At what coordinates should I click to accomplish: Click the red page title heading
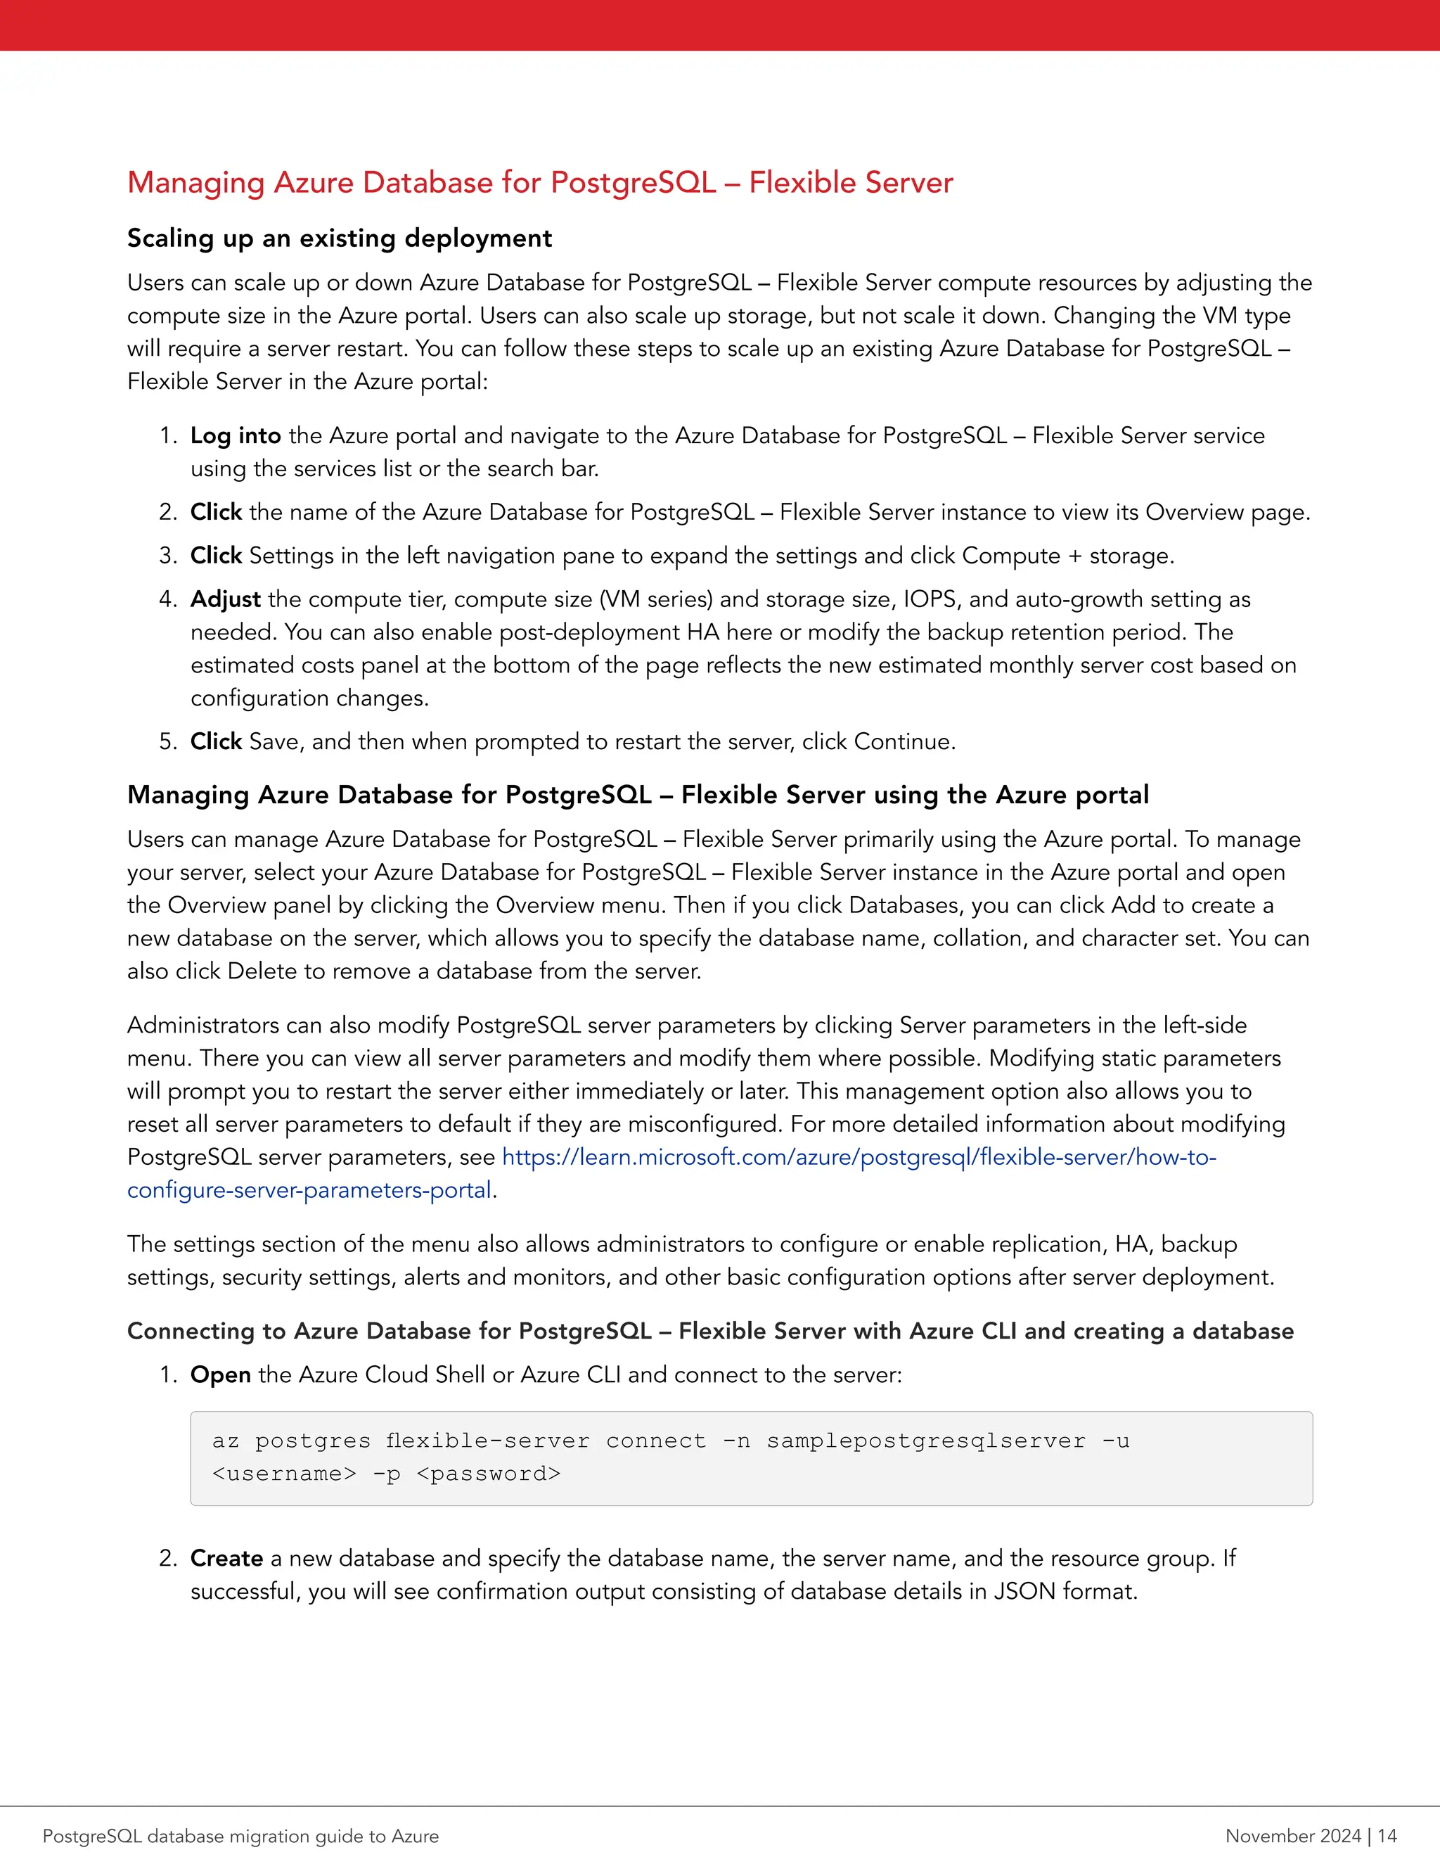coord(539,183)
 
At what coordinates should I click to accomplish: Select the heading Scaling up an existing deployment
coord(340,238)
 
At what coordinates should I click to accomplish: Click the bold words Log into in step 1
coord(236,436)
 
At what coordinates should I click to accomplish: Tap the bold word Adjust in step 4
coord(225,599)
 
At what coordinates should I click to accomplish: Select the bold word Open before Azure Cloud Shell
coord(220,1375)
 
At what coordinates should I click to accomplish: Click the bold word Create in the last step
coord(226,1559)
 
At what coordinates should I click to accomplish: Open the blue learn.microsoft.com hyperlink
coord(859,1157)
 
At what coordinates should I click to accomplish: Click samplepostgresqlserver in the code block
coord(925,1441)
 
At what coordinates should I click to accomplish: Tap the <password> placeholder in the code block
coord(488,1474)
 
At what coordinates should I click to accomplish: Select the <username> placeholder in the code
coord(284,1474)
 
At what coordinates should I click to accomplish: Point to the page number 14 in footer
coord(1387,1836)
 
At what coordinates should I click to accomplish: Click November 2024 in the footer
coord(1292,1836)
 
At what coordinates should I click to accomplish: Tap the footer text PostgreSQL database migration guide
coord(240,1836)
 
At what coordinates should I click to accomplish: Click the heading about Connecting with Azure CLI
coord(709,1332)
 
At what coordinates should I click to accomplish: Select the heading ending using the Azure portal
coord(637,796)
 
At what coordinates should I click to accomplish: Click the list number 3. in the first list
coord(167,556)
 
